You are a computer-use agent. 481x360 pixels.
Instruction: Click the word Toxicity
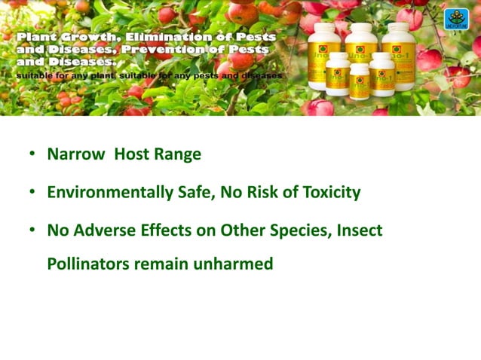(x=327, y=193)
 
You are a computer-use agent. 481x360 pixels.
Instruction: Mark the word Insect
(x=357, y=231)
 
